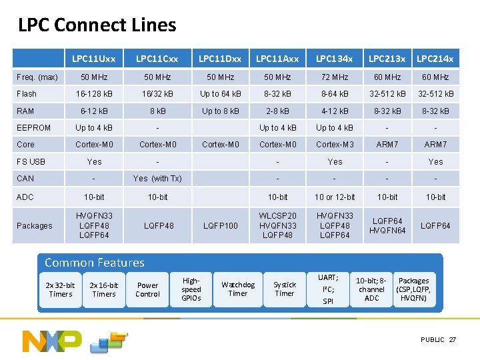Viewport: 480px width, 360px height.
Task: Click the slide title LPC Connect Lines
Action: (x=97, y=25)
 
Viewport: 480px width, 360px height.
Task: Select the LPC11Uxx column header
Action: (x=93, y=59)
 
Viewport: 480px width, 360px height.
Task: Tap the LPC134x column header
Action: (x=335, y=59)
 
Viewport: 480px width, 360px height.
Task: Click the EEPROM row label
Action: (x=34, y=127)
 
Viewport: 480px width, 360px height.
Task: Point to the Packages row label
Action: (x=35, y=226)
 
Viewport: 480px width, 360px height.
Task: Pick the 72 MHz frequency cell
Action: (x=335, y=77)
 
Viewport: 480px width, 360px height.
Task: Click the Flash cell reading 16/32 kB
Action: (x=157, y=94)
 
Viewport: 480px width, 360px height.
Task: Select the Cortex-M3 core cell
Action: (x=335, y=144)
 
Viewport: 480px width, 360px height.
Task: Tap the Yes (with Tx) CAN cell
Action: (x=157, y=178)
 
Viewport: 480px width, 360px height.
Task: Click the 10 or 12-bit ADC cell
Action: (x=335, y=197)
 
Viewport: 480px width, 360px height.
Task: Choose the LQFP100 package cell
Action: (x=221, y=226)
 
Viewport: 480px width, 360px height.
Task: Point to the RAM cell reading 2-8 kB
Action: (x=277, y=111)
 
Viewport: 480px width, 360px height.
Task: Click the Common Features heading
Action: (x=94, y=263)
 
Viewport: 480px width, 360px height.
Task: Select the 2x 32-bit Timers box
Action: (x=61, y=289)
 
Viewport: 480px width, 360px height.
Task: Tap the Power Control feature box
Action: (x=147, y=289)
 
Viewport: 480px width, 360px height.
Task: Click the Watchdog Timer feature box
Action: (x=238, y=289)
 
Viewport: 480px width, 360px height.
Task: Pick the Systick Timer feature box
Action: (x=285, y=289)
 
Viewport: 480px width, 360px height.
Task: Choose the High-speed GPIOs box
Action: (x=191, y=289)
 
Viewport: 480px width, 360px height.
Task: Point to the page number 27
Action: (x=453, y=340)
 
